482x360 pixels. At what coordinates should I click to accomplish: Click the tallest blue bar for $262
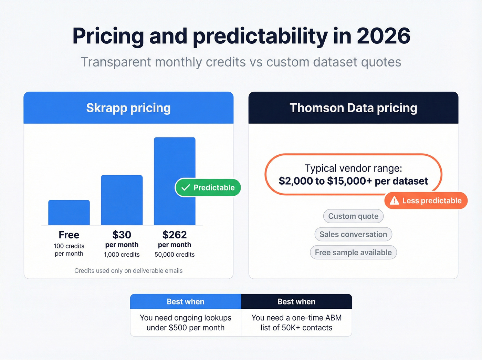(x=175, y=162)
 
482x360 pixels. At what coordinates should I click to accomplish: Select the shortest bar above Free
(x=69, y=212)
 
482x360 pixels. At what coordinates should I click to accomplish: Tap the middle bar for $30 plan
(x=122, y=200)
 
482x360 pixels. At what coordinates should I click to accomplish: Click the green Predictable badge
(x=208, y=187)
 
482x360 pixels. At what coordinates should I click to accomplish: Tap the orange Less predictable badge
(x=426, y=200)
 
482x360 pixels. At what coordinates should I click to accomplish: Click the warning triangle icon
(x=394, y=200)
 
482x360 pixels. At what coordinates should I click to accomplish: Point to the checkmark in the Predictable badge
(x=186, y=187)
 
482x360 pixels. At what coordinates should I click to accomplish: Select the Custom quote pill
(x=353, y=216)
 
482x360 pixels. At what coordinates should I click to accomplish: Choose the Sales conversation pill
(x=353, y=234)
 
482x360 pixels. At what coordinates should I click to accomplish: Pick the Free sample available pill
(x=353, y=253)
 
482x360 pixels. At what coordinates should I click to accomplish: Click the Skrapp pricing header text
(x=128, y=108)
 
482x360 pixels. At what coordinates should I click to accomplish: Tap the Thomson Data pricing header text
(x=353, y=108)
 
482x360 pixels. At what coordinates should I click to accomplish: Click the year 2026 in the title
(x=383, y=36)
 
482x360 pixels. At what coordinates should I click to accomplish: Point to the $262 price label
(x=175, y=235)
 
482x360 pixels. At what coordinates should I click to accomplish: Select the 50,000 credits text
(x=175, y=255)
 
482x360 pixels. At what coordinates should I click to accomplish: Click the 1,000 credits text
(x=122, y=255)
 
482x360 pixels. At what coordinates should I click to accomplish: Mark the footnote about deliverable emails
(x=128, y=271)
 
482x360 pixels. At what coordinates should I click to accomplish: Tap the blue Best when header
(x=186, y=301)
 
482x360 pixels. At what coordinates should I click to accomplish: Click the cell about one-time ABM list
(x=296, y=322)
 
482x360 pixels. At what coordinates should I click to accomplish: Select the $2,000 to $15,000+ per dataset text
(x=353, y=181)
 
